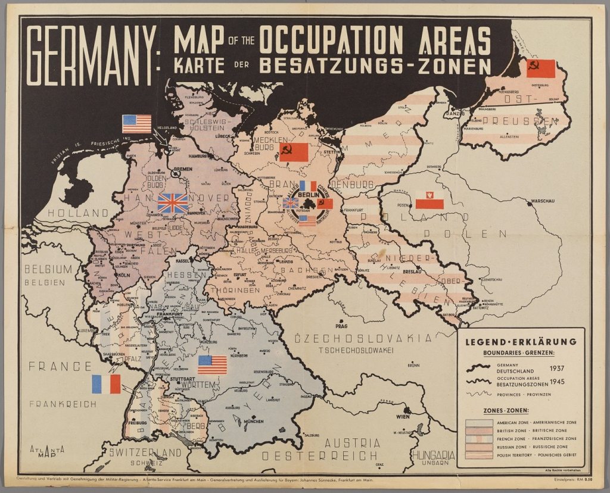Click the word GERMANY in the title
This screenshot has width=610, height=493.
[90, 57]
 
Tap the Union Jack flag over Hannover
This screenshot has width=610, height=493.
[172, 203]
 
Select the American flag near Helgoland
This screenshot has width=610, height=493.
[137, 124]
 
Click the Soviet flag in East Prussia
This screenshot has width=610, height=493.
[541, 68]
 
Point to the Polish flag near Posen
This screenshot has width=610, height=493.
[430, 200]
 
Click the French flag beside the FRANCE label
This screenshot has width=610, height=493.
[106, 384]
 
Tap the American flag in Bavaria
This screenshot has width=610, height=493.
[213, 364]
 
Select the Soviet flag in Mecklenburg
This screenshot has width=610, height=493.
[294, 152]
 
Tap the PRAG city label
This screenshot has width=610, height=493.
[341, 326]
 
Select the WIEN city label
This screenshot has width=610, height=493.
[404, 417]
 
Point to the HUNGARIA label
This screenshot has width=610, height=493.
[432, 454]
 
